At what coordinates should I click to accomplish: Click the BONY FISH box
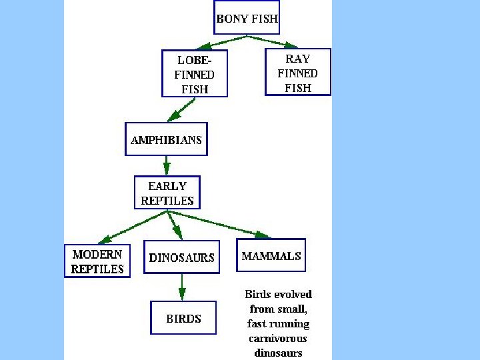click(247, 18)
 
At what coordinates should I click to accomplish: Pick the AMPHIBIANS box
click(166, 139)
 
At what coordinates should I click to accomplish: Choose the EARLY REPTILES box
click(167, 193)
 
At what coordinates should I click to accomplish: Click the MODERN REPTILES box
click(98, 261)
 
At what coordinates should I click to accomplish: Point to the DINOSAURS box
click(182, 257)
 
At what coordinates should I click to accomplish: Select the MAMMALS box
click(271, 255)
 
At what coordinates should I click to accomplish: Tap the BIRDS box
click(183, 318)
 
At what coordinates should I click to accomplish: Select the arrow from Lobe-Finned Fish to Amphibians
click(182, 109)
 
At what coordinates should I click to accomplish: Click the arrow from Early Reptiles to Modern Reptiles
click(133, 226)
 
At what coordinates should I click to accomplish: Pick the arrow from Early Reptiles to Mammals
click(220, 223)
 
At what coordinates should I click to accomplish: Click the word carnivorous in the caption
click(278, 339)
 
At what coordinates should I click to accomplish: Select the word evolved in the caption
click(293, 294)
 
